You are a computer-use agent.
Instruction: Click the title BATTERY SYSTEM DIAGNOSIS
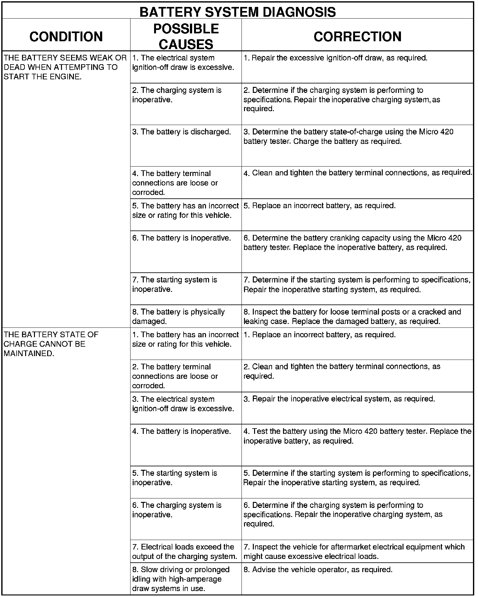[x=237, y=12]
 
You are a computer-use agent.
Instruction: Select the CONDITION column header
[x=66, y=37]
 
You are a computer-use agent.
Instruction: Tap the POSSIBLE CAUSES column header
[x=186, y=37]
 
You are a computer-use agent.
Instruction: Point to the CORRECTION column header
[x=357, y=37]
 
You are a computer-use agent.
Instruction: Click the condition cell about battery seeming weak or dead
[x=65, y=67]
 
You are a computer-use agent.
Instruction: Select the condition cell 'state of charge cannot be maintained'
[x=51, y=344]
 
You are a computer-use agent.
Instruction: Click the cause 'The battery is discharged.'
[x=181, y=132]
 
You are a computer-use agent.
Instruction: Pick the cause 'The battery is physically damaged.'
[x=178, y=316]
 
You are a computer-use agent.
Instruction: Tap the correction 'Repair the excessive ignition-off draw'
[x=335, y=58]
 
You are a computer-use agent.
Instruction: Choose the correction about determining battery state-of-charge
[x=348, y=136]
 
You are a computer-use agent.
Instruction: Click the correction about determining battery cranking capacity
[x=352, y=242]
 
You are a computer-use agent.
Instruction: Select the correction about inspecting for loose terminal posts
[x=352, y=316]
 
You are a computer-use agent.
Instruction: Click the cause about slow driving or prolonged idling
[x=181, y=579]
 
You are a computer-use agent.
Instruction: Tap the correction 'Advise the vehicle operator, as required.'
[x=318, y=570]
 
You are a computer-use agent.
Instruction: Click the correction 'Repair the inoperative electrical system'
[x=339, y=399]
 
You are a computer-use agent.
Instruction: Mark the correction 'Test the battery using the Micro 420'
[x=357, y=436]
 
